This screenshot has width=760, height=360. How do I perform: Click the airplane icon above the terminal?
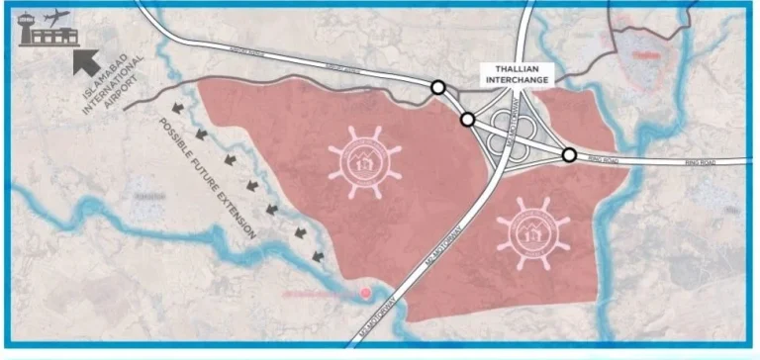point(56,17)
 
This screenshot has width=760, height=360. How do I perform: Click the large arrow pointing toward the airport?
point(92,61)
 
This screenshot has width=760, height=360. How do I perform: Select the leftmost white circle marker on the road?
point(437,88)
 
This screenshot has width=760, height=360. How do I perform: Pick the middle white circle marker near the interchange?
point(467,120)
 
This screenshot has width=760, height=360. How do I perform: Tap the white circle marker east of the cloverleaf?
point(570,154)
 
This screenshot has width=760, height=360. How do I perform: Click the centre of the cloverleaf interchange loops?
point(513,133)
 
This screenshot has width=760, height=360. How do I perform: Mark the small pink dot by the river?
point(367,292)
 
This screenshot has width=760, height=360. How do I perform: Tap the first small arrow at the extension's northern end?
point(178,108)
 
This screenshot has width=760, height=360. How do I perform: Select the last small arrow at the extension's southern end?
point(318,257)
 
